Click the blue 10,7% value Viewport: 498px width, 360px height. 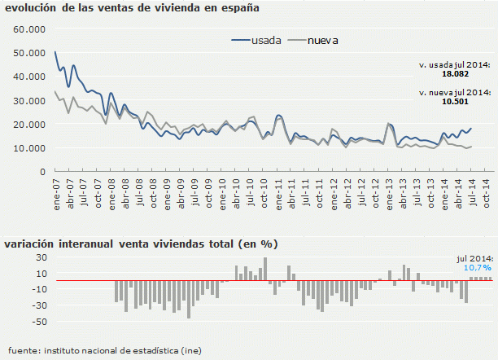coord(478,267)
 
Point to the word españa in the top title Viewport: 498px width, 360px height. coord(237,9)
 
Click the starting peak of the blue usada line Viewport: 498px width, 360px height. coord(55,52)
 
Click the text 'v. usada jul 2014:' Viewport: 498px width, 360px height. coord(455,64)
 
